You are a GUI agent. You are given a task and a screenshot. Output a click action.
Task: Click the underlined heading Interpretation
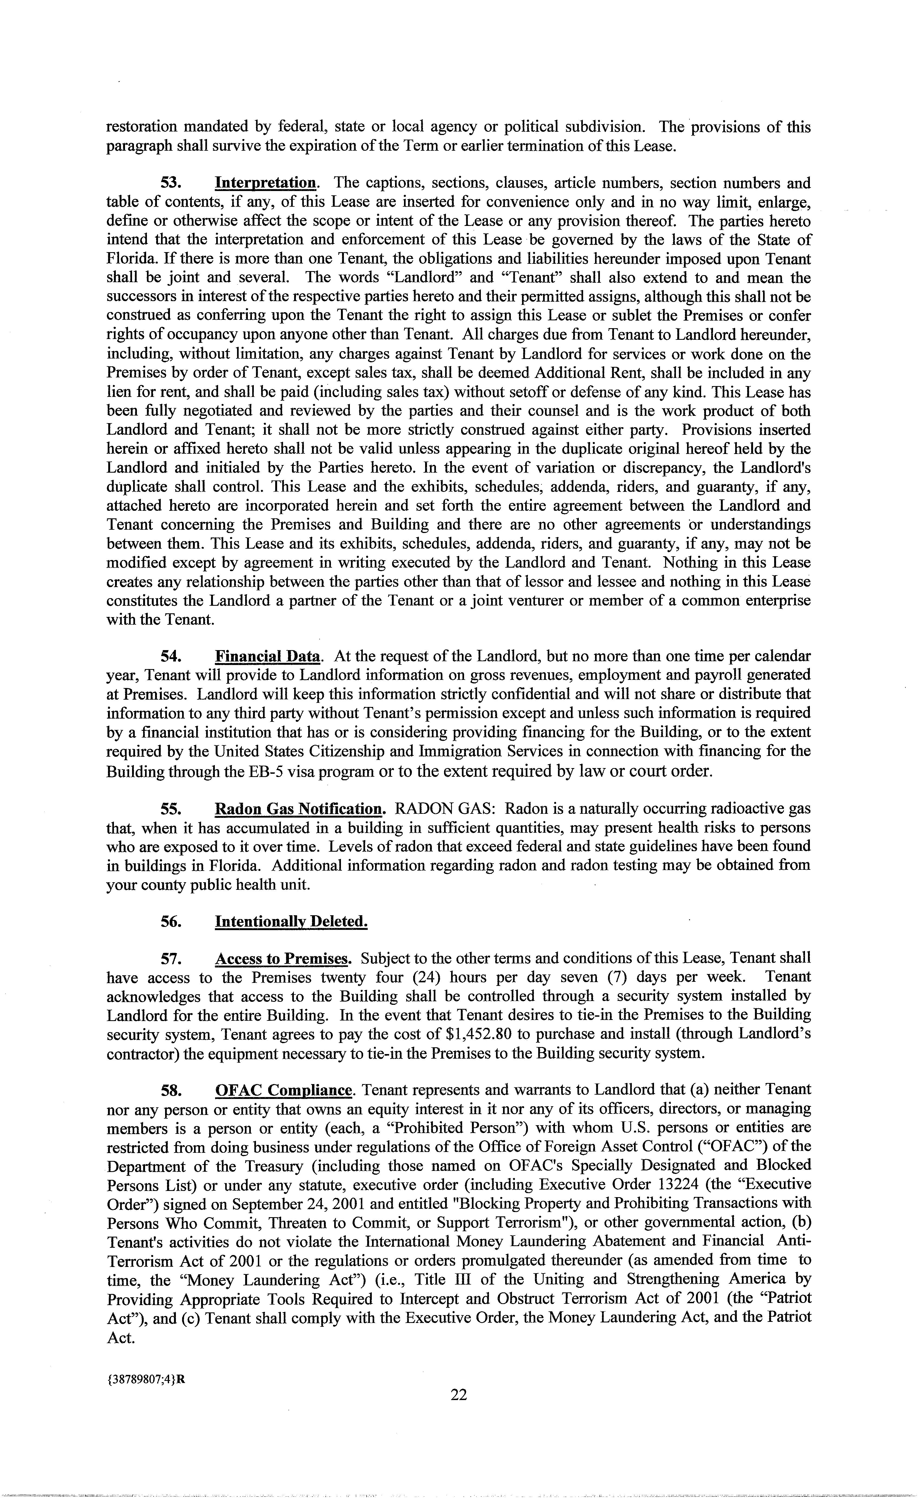click(265, 183)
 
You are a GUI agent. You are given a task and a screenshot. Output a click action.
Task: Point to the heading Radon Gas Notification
click(299, 809)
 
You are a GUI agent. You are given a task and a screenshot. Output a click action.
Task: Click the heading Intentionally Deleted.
click(291, 921)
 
